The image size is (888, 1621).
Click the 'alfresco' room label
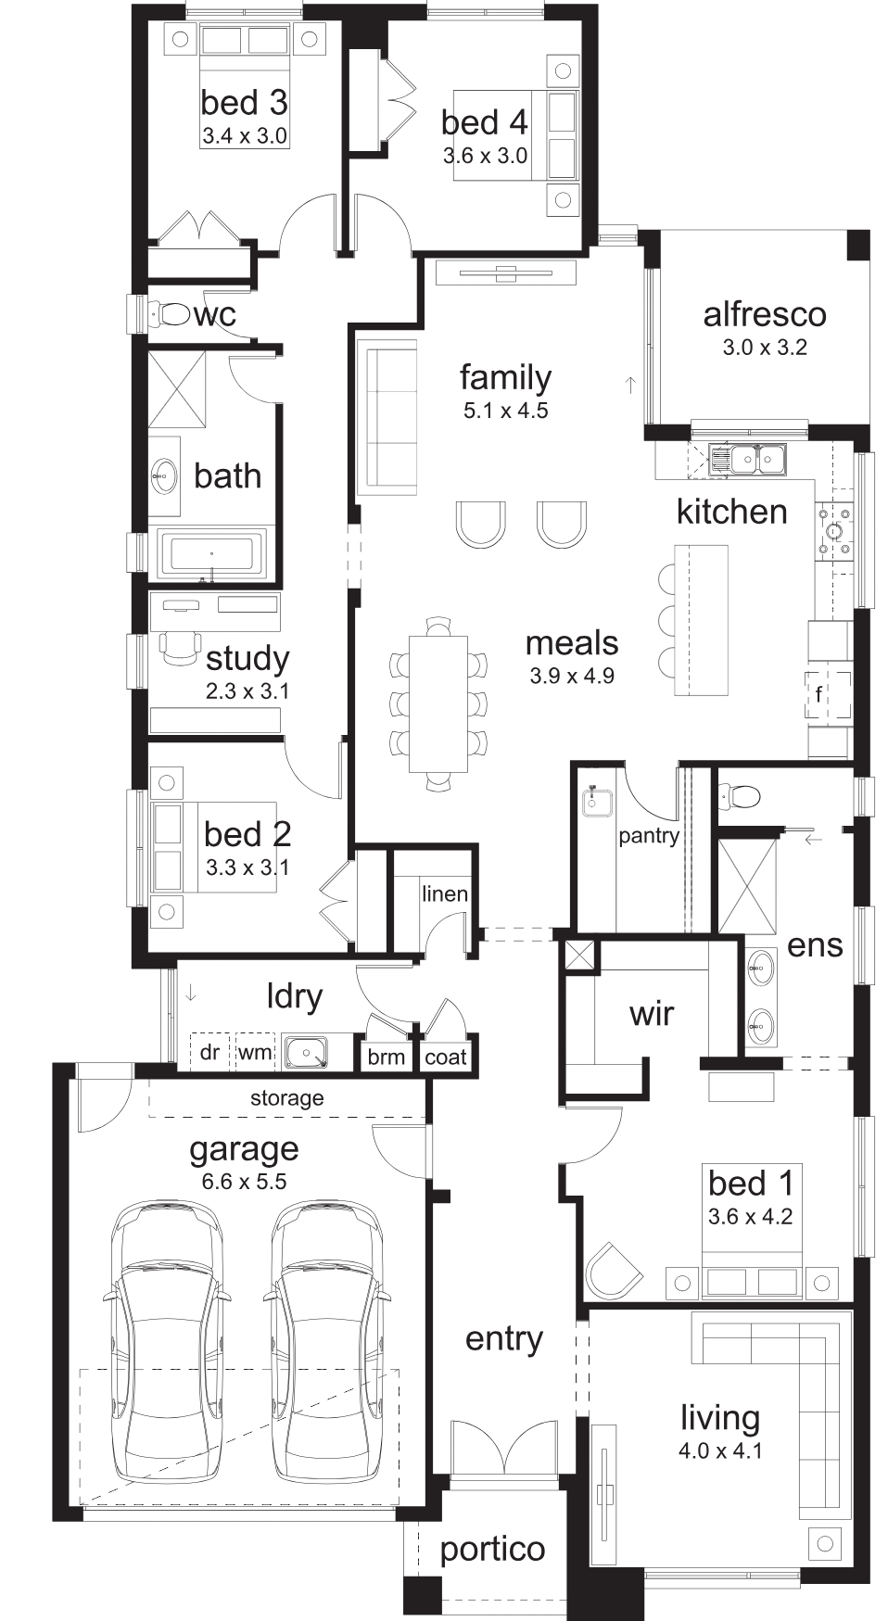pyautogui.click(x=765, y=314)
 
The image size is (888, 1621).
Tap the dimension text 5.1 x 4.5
pyautogui.click(x=506, y=410)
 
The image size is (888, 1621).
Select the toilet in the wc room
pyautogui.click(x=168, y=314)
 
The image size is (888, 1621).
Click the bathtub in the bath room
pyautogui.click(x=212, y=554)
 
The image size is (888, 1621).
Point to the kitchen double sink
pyautogui.click(x=747, y=458)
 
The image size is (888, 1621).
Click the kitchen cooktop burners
pyautogui.click(x=834, y=531)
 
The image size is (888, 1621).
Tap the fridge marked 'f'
pyautogui.click(x=828, y=693)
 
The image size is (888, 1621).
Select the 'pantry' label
pyautogui.click(x=649, y=835)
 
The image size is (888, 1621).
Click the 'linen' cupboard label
pyautogui.click(x=445, y=893)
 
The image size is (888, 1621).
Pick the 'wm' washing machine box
pyautogui.click(x=255, y=1052)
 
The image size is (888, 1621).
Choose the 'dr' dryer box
pyautogui.click(x=210, y=1052)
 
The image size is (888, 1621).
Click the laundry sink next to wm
pyautogui.click(x=305, y=1052)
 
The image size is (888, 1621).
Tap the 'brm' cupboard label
pyautogui.click(x=387, y=1057)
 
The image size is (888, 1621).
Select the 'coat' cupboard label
pyautogui.click(x=446, y=1057)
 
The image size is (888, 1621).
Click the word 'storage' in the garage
pyautogui.click(x=287, y=1099)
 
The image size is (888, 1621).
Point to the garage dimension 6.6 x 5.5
pyautogui.click(x=245, y=1182)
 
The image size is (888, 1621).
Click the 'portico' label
pyautogui.click(x=492, y=1550)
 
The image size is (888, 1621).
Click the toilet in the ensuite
pyautogui.click(x=740, y=795)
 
